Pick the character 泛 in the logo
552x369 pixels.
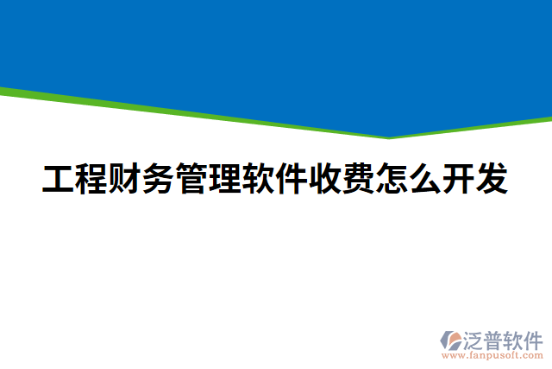click(x=474, y=340)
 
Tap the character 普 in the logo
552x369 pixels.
click(x=494, y=340)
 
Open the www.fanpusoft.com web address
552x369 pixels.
click(x=492, y=355)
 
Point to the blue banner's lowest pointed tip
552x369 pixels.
click(x=389, y=136)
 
